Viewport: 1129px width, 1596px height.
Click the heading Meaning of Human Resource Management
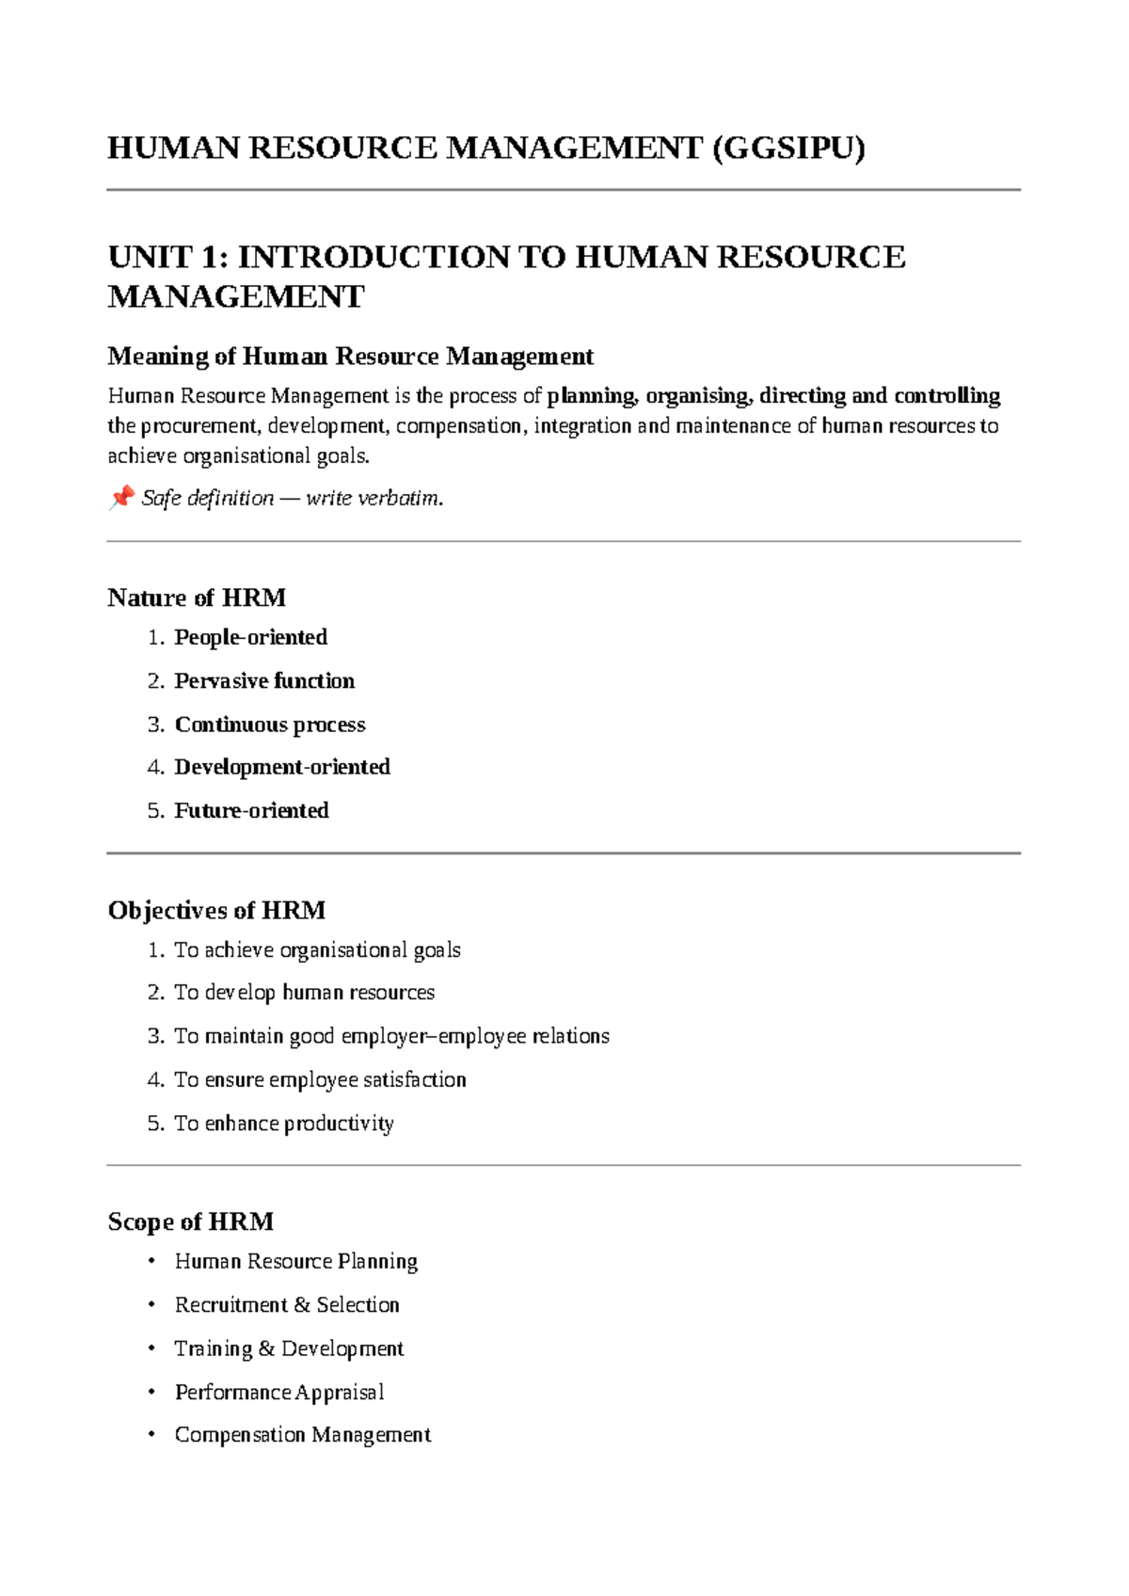click(350, 357)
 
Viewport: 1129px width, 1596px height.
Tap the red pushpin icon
click(120, 497)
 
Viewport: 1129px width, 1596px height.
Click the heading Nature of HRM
click(197, 598)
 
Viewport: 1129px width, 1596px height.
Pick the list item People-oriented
click(250, 638)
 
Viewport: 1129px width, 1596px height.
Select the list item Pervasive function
click(264, 681)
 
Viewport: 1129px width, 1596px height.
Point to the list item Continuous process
click(270, 725)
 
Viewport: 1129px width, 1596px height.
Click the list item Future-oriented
click(251, 811)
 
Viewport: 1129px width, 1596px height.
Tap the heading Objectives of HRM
click(216, 911)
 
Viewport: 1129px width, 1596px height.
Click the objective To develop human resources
click(304, 993)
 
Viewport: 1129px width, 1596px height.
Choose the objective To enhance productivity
click(283, 1124)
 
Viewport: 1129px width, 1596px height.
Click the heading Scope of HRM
click(190, 1222)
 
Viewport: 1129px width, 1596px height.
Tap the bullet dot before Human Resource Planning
click(151, 1261)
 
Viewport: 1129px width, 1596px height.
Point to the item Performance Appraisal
click(279, 1393)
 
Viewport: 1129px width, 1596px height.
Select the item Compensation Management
click(302, 1436)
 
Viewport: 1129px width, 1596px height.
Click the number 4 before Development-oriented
click(155, 768)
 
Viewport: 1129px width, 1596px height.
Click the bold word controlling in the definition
click(946, 396)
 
